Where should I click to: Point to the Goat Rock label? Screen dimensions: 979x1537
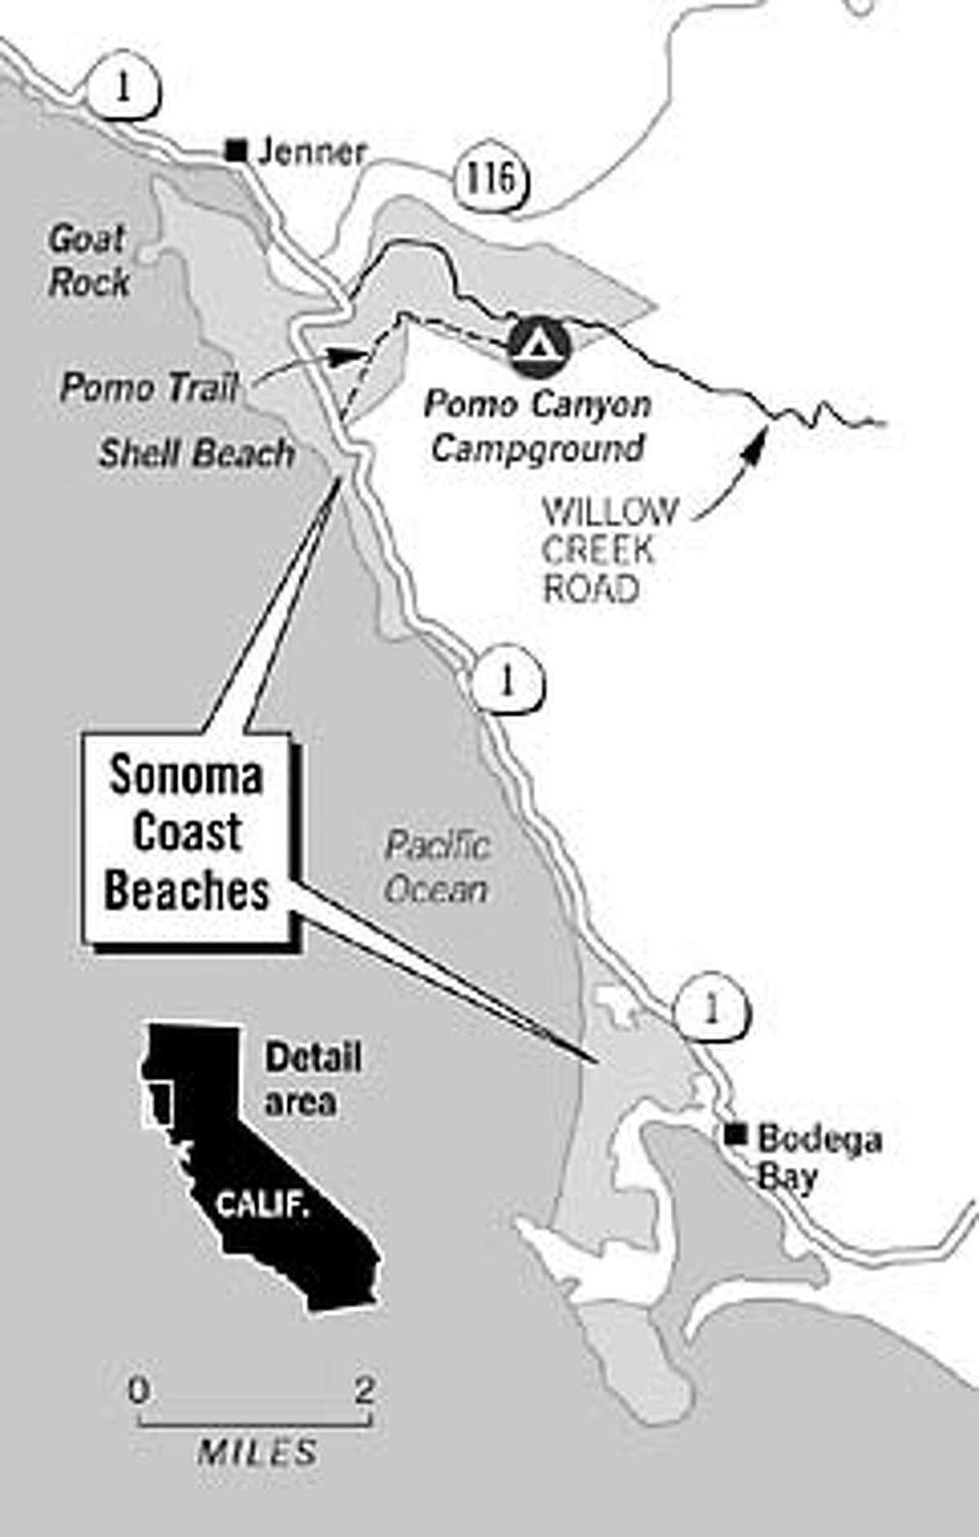click(88, 261)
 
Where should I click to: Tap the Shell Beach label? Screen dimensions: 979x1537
click(197, 454)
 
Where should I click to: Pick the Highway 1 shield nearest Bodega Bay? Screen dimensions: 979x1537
click(711, 1010)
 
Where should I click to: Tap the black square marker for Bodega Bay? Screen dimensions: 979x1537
click(738, 1132)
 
